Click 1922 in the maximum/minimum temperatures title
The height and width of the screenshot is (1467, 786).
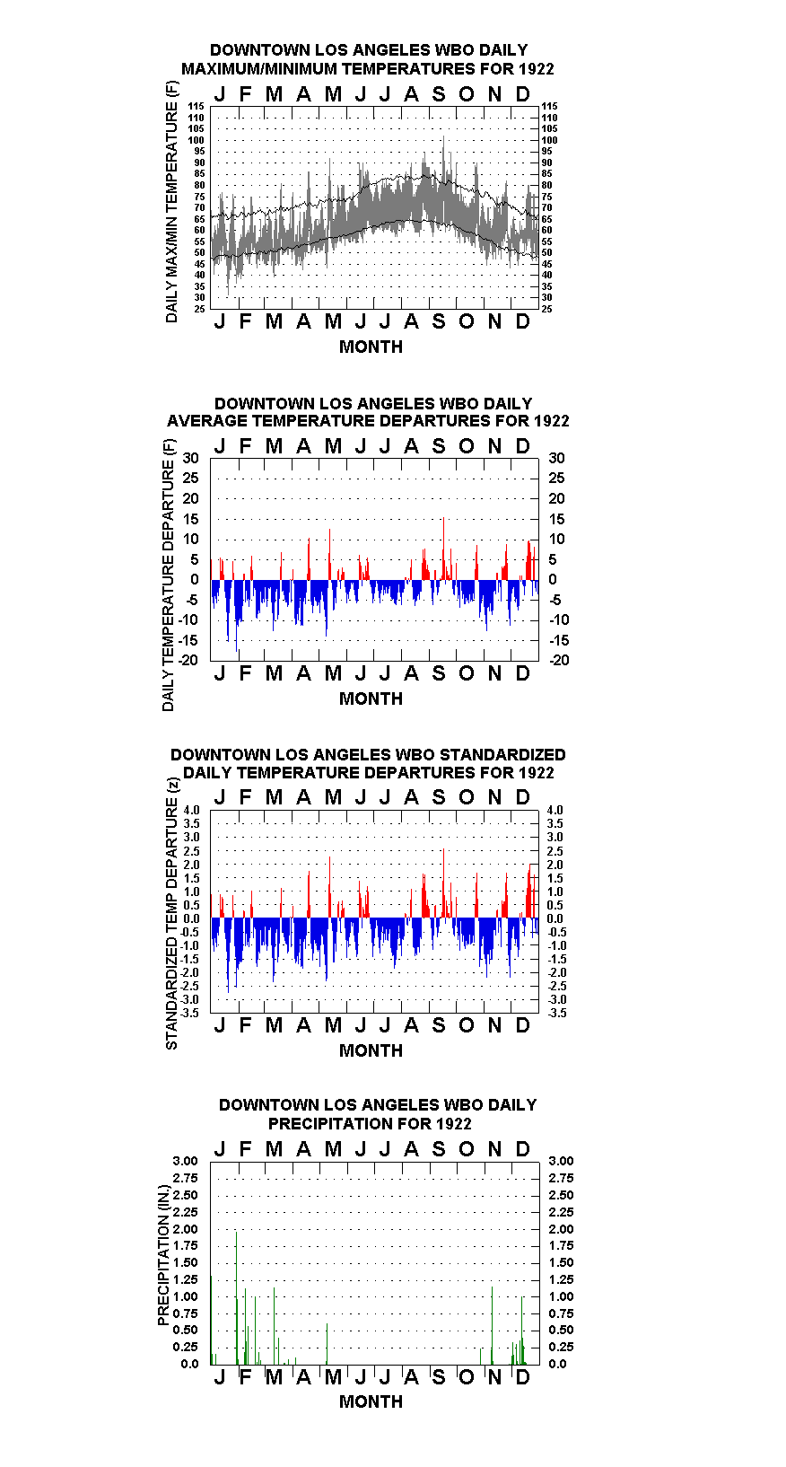point(536,69)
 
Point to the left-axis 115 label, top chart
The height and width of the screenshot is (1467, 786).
point(196,106)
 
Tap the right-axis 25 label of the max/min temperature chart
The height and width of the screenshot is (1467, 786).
point(546,309)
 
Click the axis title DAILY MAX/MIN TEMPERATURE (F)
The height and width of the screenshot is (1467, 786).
point(171,202)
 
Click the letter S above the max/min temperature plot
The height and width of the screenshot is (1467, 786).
point(439,94)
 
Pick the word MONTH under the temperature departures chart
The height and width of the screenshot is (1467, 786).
point(371,698)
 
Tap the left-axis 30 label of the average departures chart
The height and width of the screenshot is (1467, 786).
point(190,458)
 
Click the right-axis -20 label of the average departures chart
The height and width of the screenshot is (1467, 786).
point(560,660)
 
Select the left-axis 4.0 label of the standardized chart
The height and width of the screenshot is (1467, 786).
point(191,810)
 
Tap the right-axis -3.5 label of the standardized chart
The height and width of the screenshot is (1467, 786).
point(557,1013)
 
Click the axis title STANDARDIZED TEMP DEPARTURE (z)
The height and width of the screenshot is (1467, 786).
point(171,914)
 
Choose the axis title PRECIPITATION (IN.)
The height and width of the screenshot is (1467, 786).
point(163,1255)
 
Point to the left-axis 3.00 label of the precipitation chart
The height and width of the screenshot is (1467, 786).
point(185,1161)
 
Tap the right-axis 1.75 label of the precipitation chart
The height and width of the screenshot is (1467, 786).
point(561,1245)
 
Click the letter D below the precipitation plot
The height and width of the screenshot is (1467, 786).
point(522,1377)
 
